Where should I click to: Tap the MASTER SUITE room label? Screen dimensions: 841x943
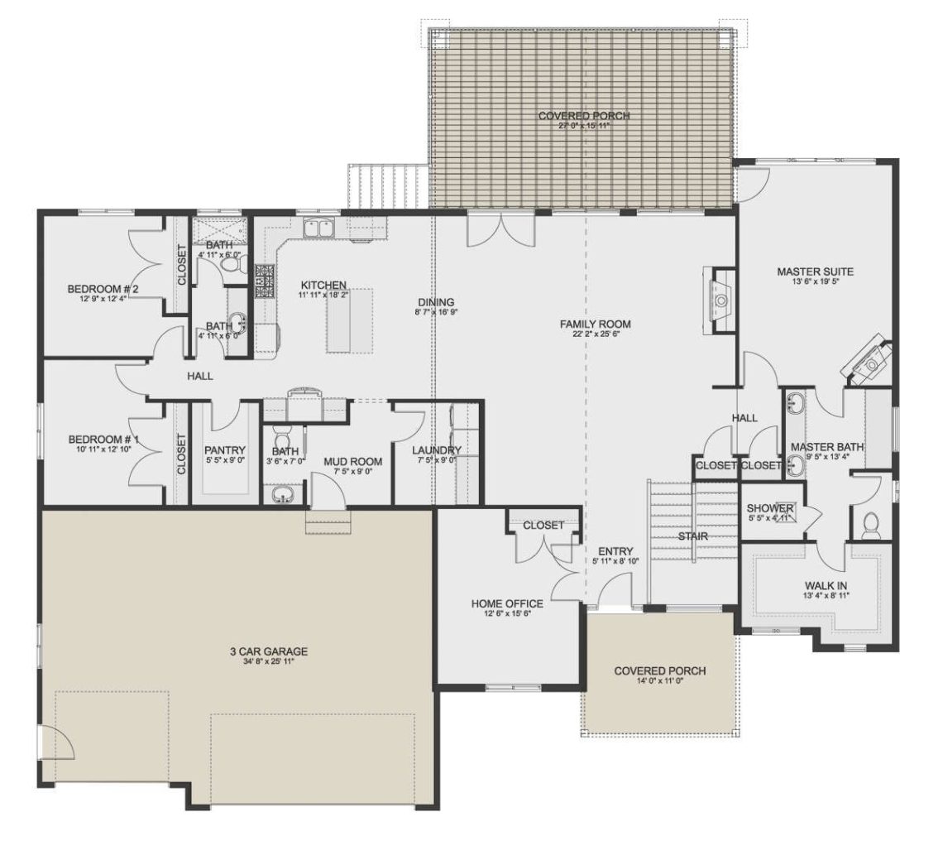pyautogui.click(x=815, y=271)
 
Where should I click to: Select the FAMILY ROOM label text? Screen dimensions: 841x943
pyautogui.click(x=596, y=324)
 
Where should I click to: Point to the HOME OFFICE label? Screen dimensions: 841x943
pyautogui.click(x=507, y=603)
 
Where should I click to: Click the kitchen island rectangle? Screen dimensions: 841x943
pyautogui.click(x=349, y=320)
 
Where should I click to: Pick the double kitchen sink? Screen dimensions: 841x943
pyautogui.click(x=318, y=227)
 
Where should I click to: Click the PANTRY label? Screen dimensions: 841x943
pyautogui.click(x=225, y=449)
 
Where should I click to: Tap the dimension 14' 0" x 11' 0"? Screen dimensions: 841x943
pyautogui.click(x=659, y=682)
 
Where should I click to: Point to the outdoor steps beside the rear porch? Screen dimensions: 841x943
pyautogui.click(x=386, y=185)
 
